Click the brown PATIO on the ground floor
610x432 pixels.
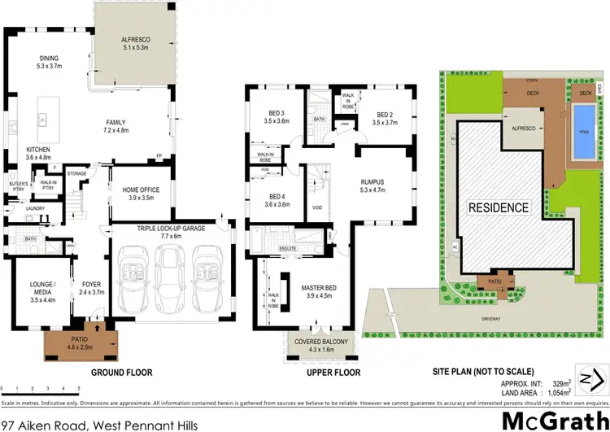69,343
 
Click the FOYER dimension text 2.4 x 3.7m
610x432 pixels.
90,291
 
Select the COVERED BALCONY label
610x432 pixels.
321,342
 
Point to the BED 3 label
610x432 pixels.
277,112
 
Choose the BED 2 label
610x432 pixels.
385,114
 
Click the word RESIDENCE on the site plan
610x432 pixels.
498,207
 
